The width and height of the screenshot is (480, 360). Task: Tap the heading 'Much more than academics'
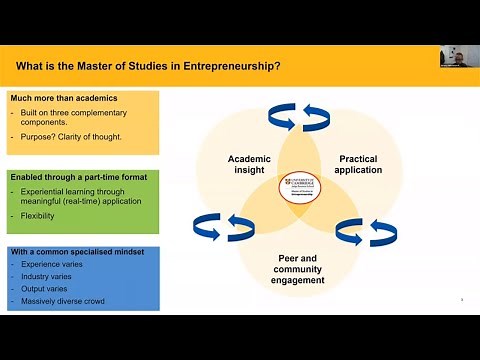click(64, 98)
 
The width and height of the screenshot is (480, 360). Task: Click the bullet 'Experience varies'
click(55, 265)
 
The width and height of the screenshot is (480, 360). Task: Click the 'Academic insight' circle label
click(250, 164)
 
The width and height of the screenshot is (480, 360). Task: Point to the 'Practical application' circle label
click(359, 164)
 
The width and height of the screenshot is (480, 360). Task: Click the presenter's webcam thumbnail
click(458, 57)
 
